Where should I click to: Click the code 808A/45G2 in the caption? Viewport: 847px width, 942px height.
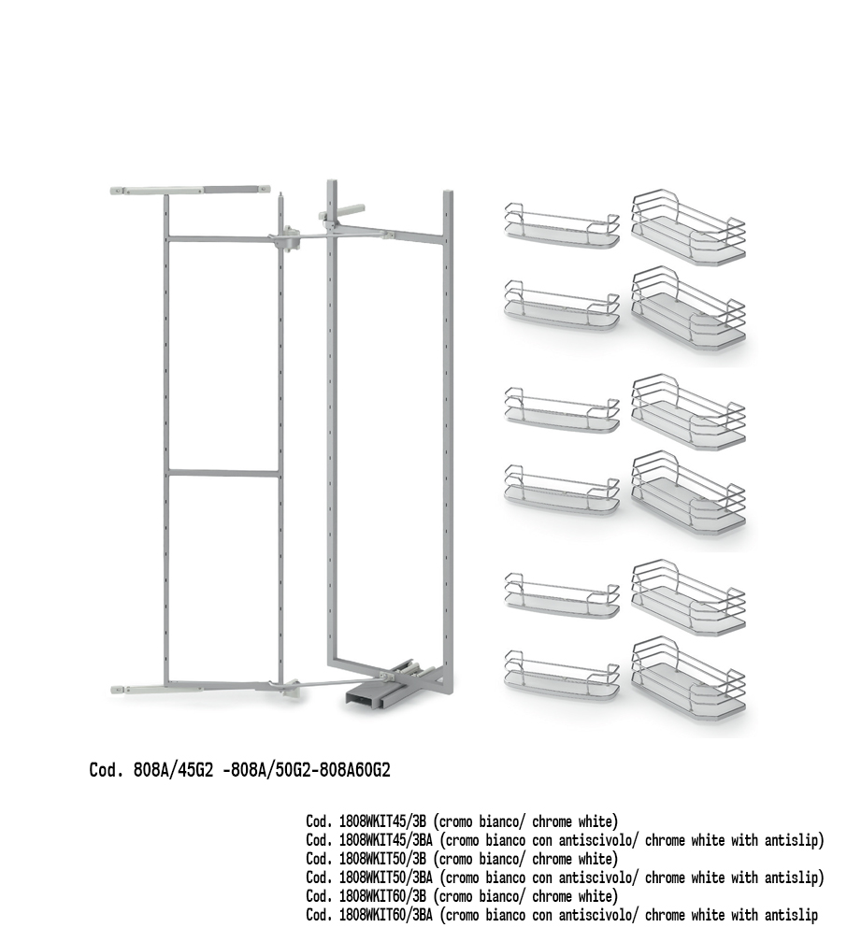coord(173,770)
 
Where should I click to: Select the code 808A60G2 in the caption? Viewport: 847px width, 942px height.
coord(354,770)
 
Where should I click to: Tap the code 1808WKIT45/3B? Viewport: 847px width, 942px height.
coord(382,821)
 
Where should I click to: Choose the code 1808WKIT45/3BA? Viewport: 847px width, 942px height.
coord(386,840)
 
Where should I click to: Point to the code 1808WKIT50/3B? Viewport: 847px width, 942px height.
coord(382,859)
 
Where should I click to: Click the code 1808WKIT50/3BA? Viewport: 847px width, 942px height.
coord(386,878)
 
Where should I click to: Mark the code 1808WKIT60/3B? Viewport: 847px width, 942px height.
coord(382,896)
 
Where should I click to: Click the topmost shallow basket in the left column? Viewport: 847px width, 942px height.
coord(562,226)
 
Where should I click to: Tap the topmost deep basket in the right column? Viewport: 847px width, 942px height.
coord(689,227)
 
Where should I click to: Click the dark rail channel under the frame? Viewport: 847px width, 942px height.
coord(365,699)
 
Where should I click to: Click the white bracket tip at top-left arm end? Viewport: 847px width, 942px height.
coord(118,191)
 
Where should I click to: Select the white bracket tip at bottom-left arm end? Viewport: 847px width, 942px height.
coord(119,691)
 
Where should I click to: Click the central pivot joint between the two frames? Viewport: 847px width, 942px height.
coord(286,239)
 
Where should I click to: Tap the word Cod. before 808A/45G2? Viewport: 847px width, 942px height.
coord(107,770)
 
